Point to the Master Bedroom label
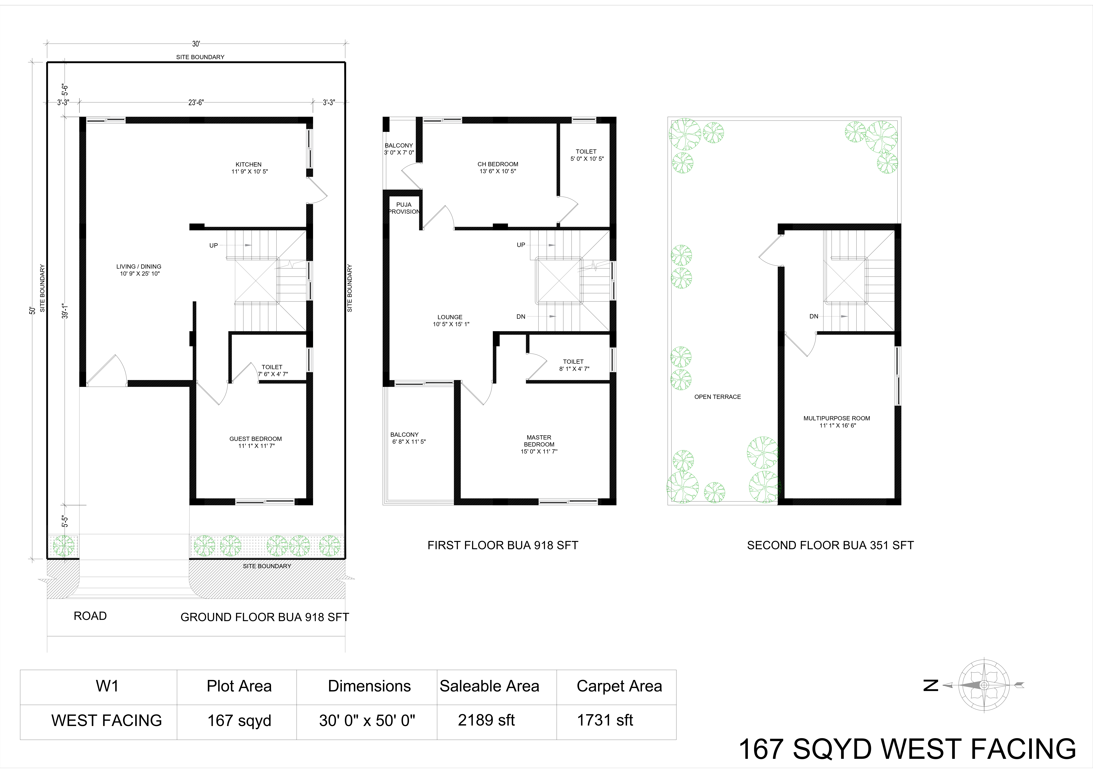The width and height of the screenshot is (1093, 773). coord(539,444)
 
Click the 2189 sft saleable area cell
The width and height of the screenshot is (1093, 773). coord(486,720)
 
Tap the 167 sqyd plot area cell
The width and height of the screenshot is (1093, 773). coord(239,721)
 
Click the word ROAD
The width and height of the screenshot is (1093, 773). coord(90,616)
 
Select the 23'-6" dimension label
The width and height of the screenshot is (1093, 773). coord(196,102)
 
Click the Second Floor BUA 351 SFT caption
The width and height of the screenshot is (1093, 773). coord(830,545)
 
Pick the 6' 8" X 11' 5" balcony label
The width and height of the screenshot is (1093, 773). coord(409,442)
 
